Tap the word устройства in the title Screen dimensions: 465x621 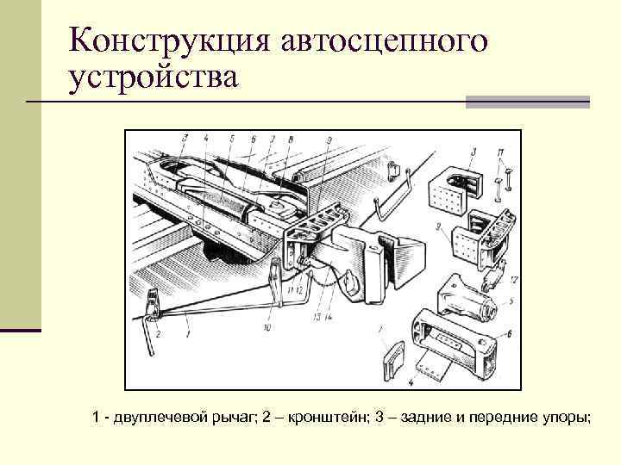tap(153, 77)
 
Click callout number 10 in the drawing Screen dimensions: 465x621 tap(267, 328)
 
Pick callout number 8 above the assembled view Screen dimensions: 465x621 tap(291, 139)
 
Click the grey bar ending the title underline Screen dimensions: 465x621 tap(527, 102)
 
